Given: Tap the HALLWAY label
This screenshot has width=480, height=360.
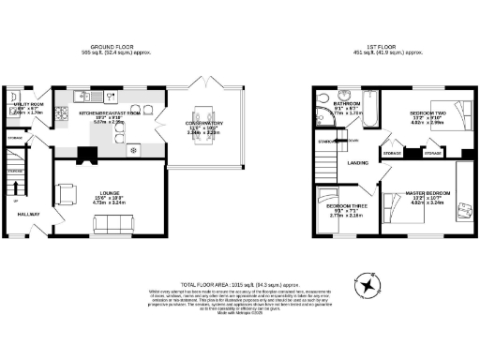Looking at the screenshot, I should [x=29, y=214].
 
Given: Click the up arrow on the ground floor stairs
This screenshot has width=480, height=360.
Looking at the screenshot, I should [x=16, y=200].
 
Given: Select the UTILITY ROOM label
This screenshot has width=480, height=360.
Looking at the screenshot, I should [x=25, y=106].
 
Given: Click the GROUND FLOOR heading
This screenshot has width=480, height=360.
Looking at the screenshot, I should [x=113, y=46].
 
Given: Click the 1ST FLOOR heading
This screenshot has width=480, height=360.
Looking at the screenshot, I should [x=387, y=46].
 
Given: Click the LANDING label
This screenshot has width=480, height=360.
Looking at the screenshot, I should [x=358, y=162].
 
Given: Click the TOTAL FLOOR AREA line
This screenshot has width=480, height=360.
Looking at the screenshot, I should [x=240, y=282].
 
